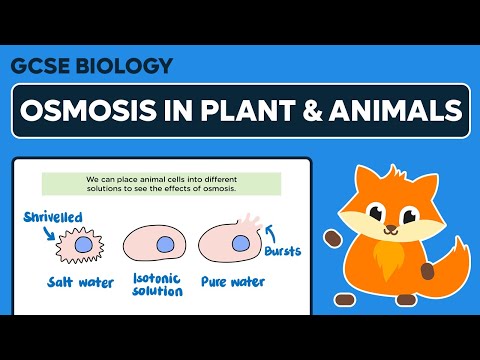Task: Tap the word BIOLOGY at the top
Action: coord(120,67)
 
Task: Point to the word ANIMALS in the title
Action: coord(400,110)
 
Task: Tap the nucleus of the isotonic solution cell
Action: coord(163,243)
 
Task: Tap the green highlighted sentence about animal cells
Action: coord(147,184)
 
